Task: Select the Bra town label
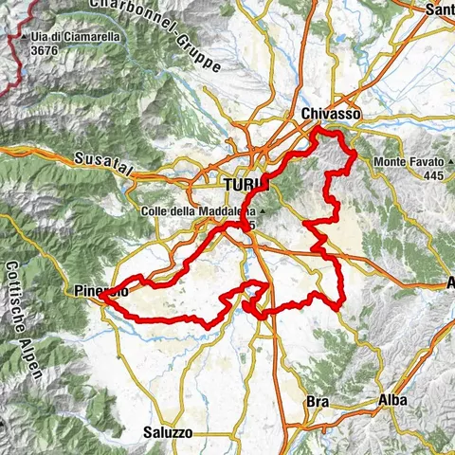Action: click(317, 402)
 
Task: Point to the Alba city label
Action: click(391, 400)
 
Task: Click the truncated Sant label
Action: click(440, 9)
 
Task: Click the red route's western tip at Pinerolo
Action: click(99, 303)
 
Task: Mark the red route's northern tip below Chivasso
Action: click(317, 130)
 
